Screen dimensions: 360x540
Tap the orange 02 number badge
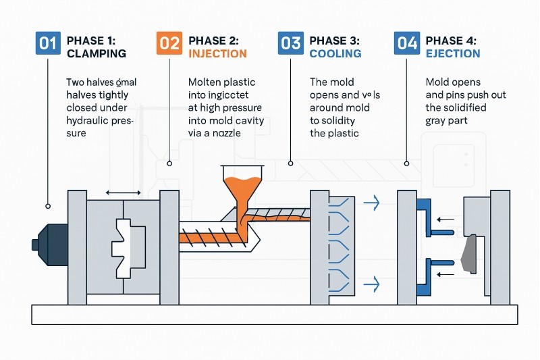pyautogui.click(x=169, y=44)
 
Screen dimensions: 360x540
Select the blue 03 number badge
pyautogui.click(x=290, y=44)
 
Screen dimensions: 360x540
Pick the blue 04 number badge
pyautogui.click(x=407, y=44)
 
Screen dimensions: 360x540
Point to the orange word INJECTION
pyautogui.click(x=218, y=53)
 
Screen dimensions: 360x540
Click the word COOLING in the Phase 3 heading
pyautogui.click(x=335, y=53)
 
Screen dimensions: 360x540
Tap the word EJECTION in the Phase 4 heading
pyautogui.click(x=454, y=53)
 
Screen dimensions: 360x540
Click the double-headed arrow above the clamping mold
pyautogui.click(x=124, y=193)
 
